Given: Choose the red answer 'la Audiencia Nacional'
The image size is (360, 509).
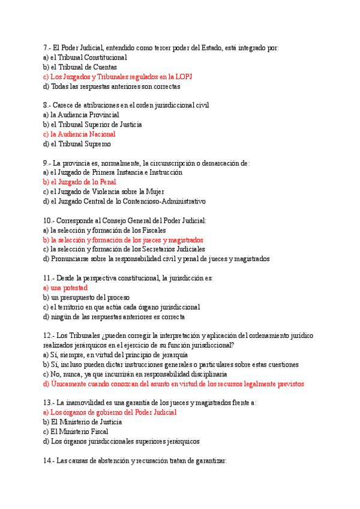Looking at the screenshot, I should (x=82, y=134).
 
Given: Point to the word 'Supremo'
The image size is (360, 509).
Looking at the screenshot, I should (x=96, y=144).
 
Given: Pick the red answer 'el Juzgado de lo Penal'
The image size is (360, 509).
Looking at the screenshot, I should (x=83, y=182).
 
